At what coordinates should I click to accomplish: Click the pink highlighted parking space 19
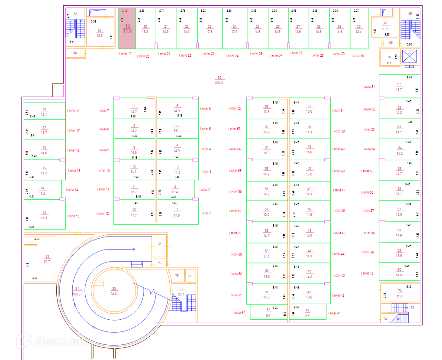tap(127, 28)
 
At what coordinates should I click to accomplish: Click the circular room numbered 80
tap(114, 291)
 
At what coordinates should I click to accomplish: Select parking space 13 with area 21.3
tap(44, 215)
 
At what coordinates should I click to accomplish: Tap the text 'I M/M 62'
tap(239, 313)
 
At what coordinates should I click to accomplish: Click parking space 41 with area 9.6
tap(307, 313)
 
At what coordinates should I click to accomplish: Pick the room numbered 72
tap(400, 293)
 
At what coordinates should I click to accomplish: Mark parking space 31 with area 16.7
tap(399, 87)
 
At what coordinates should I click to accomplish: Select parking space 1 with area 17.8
tap(177, 212)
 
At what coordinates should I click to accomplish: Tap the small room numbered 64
tap(75, 53)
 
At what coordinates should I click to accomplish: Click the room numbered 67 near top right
tap(385, 27)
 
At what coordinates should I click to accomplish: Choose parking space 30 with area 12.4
tap(358, 29)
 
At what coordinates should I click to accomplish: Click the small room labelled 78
tap(159, 244)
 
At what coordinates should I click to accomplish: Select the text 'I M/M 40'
tap(367, 273)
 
